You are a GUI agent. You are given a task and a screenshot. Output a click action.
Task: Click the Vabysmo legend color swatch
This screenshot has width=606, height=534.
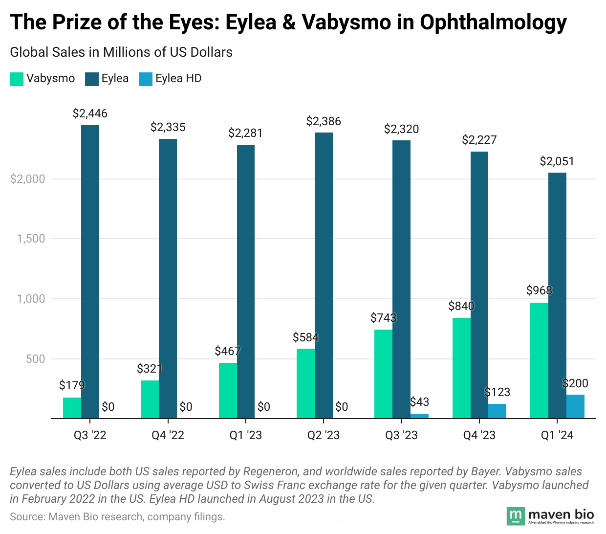[x=17, y=79]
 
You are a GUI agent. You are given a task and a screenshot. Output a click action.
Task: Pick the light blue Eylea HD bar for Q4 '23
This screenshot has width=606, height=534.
[x=497, y=411]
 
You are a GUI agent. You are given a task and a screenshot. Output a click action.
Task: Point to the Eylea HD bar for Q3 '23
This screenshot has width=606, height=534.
[x=419, y=416]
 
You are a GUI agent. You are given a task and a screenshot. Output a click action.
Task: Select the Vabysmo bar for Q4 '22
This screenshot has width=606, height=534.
[x=150, y=399]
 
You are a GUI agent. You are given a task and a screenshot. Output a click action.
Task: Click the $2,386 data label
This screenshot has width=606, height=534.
[x=324, y=121]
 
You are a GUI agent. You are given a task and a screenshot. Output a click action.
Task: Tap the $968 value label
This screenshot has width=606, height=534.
[x=539, y=290]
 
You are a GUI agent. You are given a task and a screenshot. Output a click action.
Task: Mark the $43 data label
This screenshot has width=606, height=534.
[x=419, y=402]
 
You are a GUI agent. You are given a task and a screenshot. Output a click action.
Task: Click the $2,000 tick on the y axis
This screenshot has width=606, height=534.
[x=28, y=179]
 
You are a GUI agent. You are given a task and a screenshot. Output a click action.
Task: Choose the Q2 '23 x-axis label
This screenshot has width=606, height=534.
[x=324, y=435]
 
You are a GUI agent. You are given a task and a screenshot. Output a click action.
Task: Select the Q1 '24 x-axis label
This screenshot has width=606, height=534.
[x=557, y=435]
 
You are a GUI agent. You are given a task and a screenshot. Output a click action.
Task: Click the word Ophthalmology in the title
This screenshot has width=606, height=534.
[x=493, y=22]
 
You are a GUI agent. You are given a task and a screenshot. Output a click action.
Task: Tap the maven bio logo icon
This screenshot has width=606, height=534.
[x=515, y=515]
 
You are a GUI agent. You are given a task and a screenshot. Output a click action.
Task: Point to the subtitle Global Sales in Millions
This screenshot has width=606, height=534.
[x=121, y=52]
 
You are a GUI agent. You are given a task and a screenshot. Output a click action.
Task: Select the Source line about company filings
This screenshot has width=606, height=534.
[x=117, y=516]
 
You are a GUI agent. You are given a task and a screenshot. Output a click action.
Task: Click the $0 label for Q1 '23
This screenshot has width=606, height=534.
[x=263, y=407]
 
